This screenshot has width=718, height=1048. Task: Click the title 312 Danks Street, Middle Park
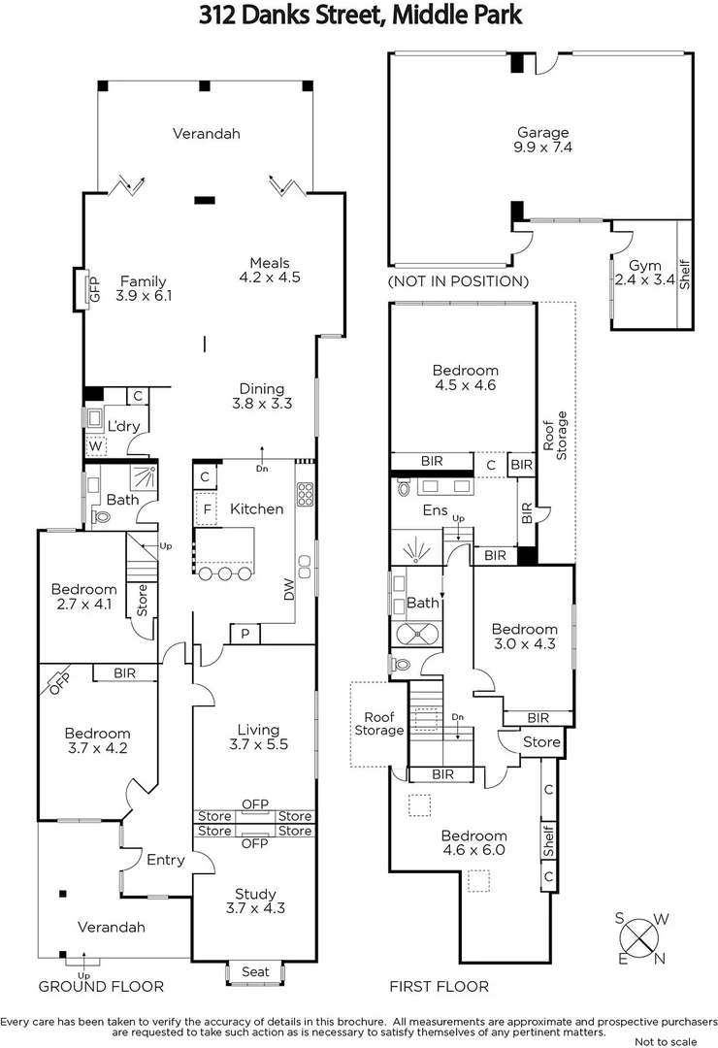pos(360,16)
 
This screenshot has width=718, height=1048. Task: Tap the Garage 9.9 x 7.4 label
pos(542,141)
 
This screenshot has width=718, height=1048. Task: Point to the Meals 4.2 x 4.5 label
pos(269,270)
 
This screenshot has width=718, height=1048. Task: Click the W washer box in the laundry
pos(96,447)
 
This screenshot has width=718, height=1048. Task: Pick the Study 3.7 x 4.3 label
pos(256,901)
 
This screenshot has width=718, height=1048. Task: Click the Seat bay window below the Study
pos(255,971)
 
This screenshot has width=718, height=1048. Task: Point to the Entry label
pos(165,859)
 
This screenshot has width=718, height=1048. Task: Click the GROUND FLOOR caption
pos(101,986)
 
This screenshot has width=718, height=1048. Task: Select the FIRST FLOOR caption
pos(439,986)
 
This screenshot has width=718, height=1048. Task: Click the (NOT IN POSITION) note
pos(458,281)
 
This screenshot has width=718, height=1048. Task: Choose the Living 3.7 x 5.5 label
pos(258,737)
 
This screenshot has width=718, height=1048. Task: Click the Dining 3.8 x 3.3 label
pos(262,396)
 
